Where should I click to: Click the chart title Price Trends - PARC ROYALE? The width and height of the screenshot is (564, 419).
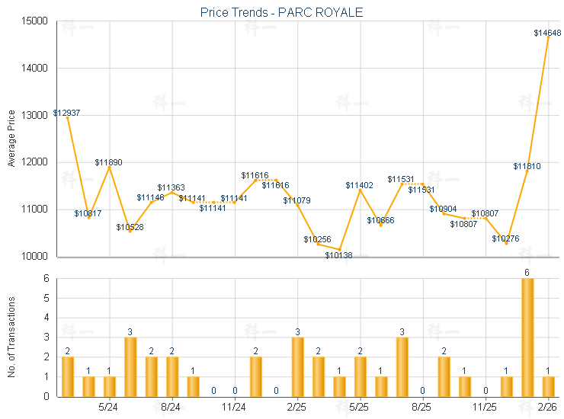pyautogui.click(x=281, y=12)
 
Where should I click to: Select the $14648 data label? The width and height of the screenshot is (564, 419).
pyautogui.click(x=547, y=33)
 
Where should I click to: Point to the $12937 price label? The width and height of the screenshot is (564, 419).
pyautogui.click(x=66, y=113)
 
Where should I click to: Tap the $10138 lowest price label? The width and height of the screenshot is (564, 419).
pyautogui.click(x=338, y=254)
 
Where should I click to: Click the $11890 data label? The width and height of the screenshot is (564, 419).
pyautogui.click(x=108, y=162)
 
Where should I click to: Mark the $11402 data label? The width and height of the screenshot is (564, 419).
pyautogui.click(x=359, y=185)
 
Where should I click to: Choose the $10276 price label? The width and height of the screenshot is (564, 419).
pyautogui.click(x=505, y=238)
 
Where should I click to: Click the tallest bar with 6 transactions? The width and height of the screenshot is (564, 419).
pyautogui.click(x=527, y=337)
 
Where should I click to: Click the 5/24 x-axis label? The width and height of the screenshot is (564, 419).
pyautogui.click(x=108, y=407)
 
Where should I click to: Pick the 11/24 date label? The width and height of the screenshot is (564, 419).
pyautogui.click(x=233, y=407)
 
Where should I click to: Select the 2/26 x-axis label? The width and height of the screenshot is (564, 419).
pyautogui.click(x=547, y=407)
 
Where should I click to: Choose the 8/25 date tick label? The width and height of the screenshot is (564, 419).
pyautogui.click(x=421, y=407)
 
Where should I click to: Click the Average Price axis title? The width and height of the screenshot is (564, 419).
pyautogui.click(x=11, y=139)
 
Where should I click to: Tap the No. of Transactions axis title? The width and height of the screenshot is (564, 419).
pyautogui.click(x=11, y=337)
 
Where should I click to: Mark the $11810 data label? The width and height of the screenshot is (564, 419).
pyautogui.click(x=527, y=165)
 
